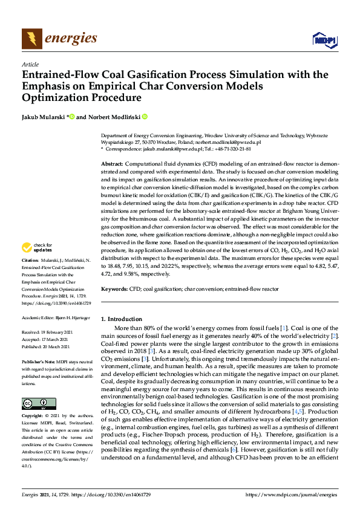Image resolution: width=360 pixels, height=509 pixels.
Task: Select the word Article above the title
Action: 30,65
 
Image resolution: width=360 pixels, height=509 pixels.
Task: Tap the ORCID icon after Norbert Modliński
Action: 145,117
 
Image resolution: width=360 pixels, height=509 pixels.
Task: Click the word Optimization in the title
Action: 53,98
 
